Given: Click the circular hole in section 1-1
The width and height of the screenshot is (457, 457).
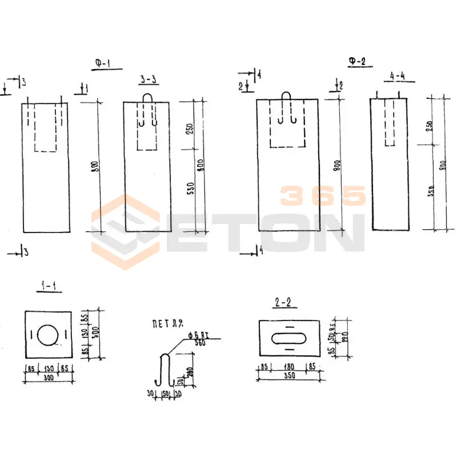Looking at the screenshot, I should coord(47,335).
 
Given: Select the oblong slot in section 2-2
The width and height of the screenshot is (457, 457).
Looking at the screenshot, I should coord(290,336).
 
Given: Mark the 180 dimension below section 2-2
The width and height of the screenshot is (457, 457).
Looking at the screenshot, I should coord(290,367).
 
